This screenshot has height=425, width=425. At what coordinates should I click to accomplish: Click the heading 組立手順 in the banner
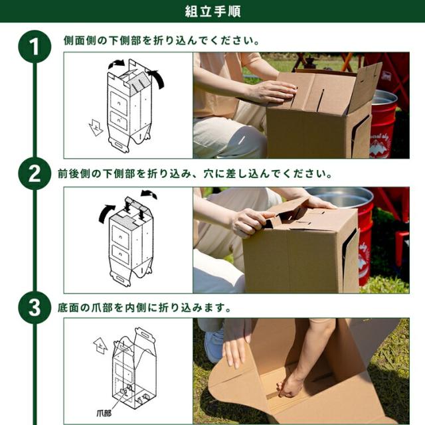(212, 11)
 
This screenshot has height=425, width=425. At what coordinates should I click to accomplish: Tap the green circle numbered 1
(35, 46)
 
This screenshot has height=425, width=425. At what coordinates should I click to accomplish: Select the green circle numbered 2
(35, 174)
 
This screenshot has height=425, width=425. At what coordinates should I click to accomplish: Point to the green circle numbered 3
(35, 307)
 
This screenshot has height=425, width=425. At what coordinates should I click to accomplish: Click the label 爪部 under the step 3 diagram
(104, 413)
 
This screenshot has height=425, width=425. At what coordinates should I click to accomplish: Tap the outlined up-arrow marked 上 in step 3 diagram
(100, 346)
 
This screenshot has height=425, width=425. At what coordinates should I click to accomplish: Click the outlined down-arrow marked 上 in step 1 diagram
(96, 127)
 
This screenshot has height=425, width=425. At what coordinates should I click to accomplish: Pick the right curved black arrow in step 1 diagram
(157, 78)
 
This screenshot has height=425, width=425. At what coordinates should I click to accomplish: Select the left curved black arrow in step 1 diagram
(116, 64)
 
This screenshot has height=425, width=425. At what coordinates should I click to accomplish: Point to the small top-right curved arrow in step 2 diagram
(149, 194)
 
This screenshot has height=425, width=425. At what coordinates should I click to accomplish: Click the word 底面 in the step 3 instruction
(68, 308)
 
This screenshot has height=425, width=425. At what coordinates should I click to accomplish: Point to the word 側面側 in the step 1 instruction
(80, 41)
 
